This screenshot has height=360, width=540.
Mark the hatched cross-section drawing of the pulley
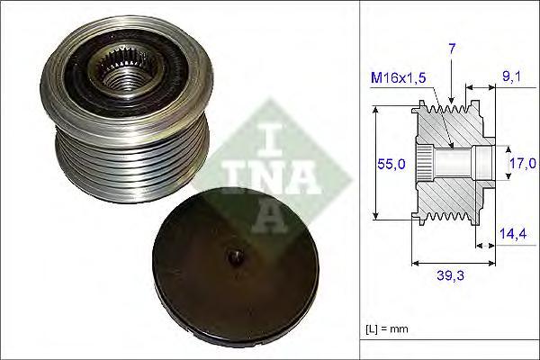click(450, 162)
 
